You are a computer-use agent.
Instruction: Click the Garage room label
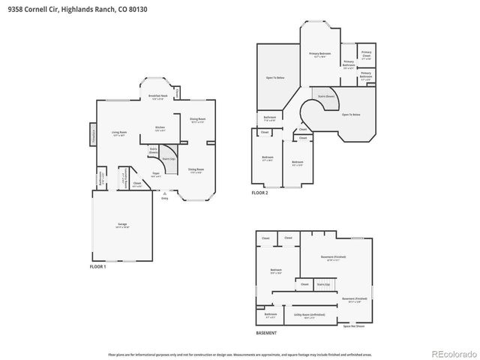coord(122,224)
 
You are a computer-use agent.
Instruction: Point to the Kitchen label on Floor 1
coord(160,128)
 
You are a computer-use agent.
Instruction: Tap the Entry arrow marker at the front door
coord(164,193)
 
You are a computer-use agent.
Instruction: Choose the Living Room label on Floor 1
coord(118,133)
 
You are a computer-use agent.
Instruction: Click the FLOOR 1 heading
coord(98,266)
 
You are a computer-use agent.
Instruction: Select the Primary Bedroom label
coord(320,55)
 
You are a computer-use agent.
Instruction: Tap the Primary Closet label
coord(366,54)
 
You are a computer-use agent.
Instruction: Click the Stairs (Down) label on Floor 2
coord(325,96)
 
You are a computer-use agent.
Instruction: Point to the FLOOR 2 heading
coord(259,193)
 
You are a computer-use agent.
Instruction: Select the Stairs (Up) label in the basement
coord(323,284)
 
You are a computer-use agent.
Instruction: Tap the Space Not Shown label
coord(353,326)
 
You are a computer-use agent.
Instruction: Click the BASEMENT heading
coord(266,333)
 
